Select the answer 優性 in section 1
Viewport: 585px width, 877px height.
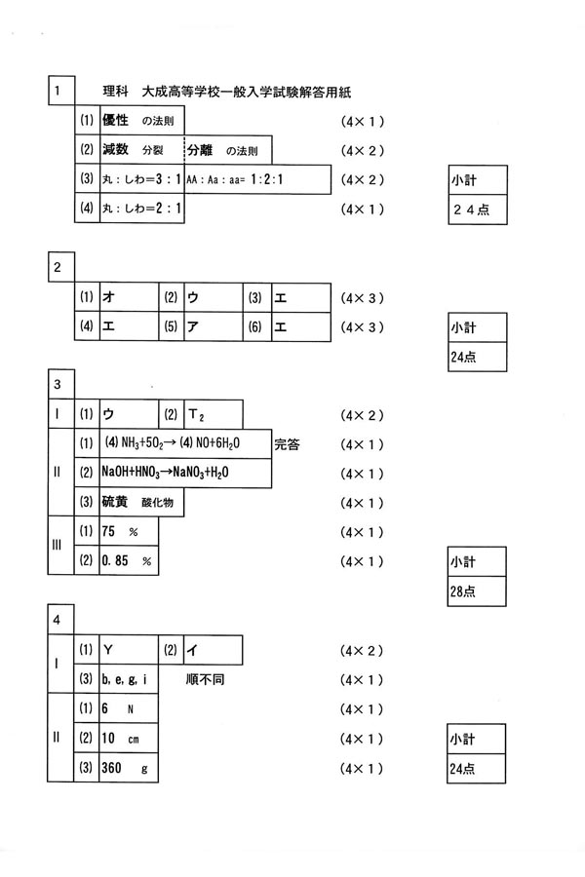(118, 122)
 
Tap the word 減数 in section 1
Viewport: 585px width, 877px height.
(118, 151)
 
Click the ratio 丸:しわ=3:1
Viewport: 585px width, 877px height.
(140, 180)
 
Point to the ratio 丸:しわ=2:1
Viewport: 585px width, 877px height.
(140, 210)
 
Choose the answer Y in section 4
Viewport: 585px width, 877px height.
(108, 650)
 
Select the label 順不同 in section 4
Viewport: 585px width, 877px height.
(204, 679)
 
